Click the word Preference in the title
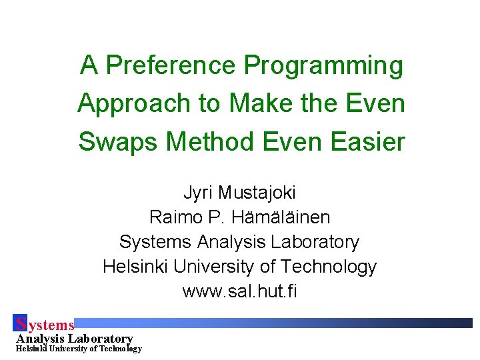[x=173, y=65]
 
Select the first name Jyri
[x=198, y=193]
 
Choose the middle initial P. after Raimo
[x=213, y=217]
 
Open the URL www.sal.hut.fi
[x=239, y=291]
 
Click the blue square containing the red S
[x=20, y=323]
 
